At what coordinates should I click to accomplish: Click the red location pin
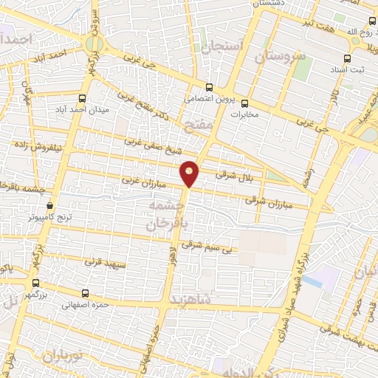pos(190,173)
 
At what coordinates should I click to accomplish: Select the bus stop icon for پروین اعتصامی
pos(210,86)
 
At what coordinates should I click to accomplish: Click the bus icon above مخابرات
pos(245,103)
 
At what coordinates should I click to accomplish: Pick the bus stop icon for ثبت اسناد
pos(348,58)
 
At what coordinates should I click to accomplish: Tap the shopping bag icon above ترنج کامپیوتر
pos(49,205)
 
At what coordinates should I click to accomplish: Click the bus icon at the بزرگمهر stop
pos(35,283)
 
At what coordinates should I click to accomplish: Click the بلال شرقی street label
pos(235,175)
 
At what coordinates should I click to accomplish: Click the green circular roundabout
pos(93,44)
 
